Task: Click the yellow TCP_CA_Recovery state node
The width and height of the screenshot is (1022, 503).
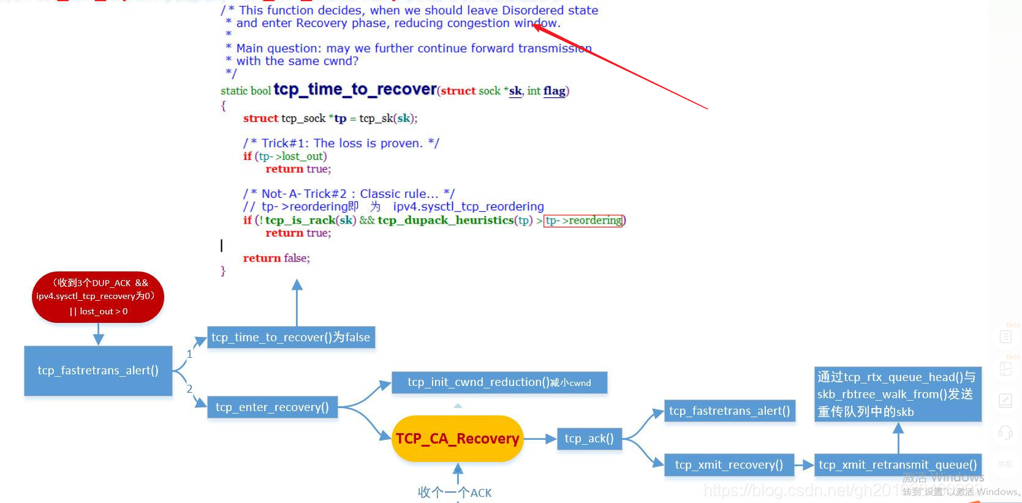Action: (x=457, y=439)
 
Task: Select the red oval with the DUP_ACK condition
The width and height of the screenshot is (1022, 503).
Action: (x=98, y=297)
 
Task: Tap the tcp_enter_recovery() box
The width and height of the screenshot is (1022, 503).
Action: (x=272, y=407)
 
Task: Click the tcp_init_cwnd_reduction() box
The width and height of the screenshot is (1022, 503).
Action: (x=499, y=382)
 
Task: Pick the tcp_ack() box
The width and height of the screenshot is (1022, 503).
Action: (x=589, y=439)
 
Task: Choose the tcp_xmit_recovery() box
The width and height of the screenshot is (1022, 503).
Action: (x=729, y=465)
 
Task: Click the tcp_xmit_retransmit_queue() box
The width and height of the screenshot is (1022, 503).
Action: (x=898, y=465)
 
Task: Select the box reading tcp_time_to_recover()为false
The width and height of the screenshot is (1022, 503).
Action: (x=291, y=338)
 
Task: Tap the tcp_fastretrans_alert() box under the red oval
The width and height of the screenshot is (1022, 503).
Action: (x=98, y=371)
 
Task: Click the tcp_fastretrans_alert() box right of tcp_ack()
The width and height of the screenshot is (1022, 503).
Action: (x=729, y=411)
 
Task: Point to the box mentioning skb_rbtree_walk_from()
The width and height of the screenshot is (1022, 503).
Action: (x=898, y=394)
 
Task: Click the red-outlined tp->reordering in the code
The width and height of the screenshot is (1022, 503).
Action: (x=583, y=221)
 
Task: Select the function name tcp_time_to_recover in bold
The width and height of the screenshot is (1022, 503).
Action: (x=355, y=89)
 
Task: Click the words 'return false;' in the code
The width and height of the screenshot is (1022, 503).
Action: (x=276, y=259)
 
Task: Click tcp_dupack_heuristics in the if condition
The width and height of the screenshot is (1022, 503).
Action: (x=445, y=221)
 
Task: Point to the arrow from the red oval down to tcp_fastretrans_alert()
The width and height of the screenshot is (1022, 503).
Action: (x=98, y=334)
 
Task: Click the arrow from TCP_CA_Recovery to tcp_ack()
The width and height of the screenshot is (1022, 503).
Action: (x=540, y=439)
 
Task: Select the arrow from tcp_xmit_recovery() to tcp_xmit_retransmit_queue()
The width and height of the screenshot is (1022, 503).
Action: (x=804, y=465)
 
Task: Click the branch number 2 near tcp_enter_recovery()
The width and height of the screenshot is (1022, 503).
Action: (x=189, y=389)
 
